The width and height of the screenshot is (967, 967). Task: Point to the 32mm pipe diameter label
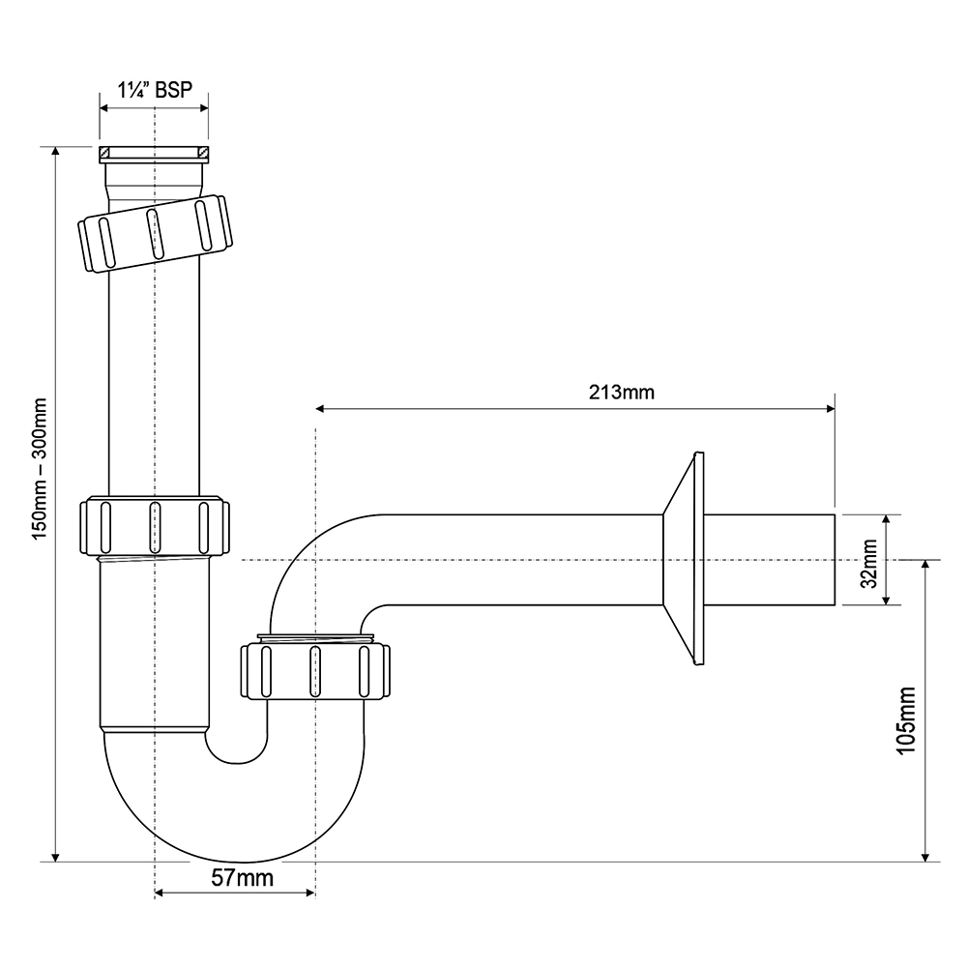click(x=868, y=560)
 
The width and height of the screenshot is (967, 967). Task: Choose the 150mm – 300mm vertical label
click(x=41, y=470)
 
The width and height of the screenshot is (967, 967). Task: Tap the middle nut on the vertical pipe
click(x=154, y=526)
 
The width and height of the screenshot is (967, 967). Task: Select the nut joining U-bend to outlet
click(x=315, y=667)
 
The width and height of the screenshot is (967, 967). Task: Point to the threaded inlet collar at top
click(x=154, y=153)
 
